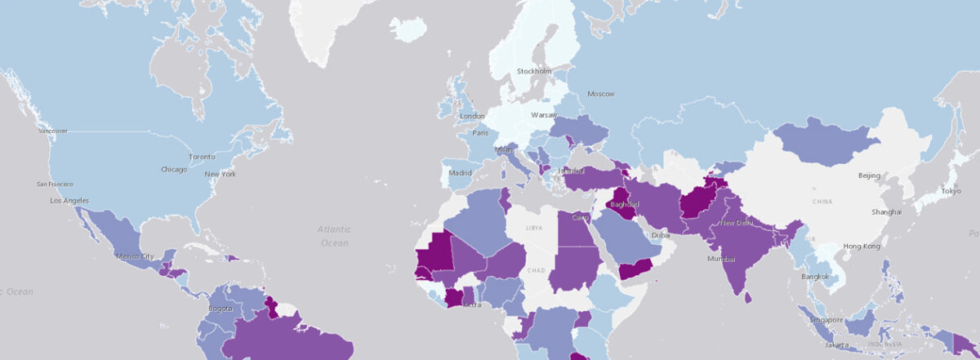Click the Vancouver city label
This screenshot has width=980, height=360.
52,131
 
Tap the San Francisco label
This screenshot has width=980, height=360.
56,184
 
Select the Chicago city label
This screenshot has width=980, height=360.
174,170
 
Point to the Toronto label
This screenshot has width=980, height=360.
202,157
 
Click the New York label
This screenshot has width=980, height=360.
220,175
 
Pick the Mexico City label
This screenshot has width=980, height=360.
136,256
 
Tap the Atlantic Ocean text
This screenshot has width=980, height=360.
333,236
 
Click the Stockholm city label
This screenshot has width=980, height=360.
534,72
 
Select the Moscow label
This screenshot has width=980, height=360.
600,94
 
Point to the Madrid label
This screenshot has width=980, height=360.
461,173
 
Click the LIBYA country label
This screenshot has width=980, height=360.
534,227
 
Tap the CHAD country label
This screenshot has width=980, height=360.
536,270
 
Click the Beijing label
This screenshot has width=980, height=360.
869,176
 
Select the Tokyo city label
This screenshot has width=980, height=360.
950,191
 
